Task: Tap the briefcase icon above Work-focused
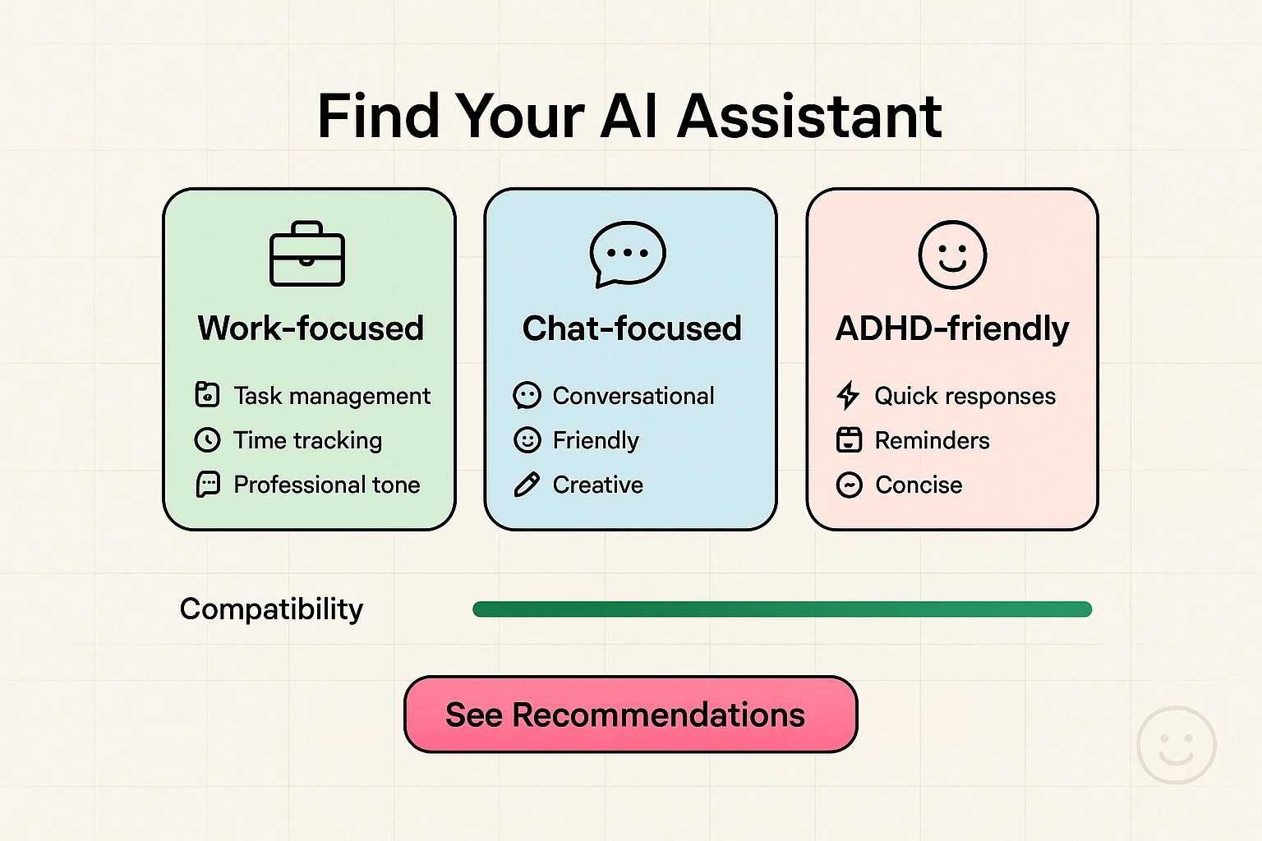[307, 255]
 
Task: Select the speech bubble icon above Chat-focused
[628, 254]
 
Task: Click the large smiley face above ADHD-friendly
[952, 255]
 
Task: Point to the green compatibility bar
[781, 609]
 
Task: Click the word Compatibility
[271, 609]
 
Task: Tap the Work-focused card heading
[311, 329]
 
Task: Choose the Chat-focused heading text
[631, 329]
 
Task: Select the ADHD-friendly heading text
[952, 329]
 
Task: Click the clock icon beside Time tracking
[207, 440]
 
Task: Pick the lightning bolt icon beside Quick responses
[848, 396]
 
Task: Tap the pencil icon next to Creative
[527, 485]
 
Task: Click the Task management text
[332, 396]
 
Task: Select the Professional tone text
[327, 485]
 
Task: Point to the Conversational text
[633, 396]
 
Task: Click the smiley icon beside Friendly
[527, 440]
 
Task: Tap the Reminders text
[932, 440]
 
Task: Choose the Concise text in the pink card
[919, 485]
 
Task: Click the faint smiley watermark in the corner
[1176, 745]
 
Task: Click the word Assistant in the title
[808, 117]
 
